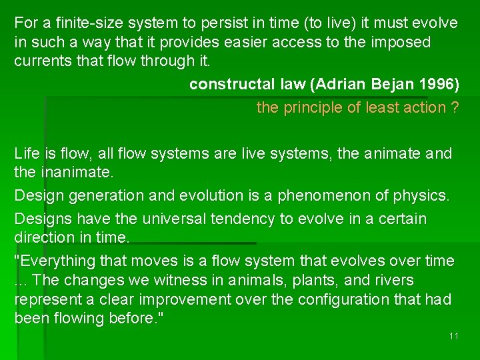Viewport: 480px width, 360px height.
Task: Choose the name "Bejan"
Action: tap(382, 85)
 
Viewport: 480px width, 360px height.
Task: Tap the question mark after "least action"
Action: tap(455, 107)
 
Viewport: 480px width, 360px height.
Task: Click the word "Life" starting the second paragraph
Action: tap(27, 154)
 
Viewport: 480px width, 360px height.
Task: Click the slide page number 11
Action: tap(453, 336)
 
